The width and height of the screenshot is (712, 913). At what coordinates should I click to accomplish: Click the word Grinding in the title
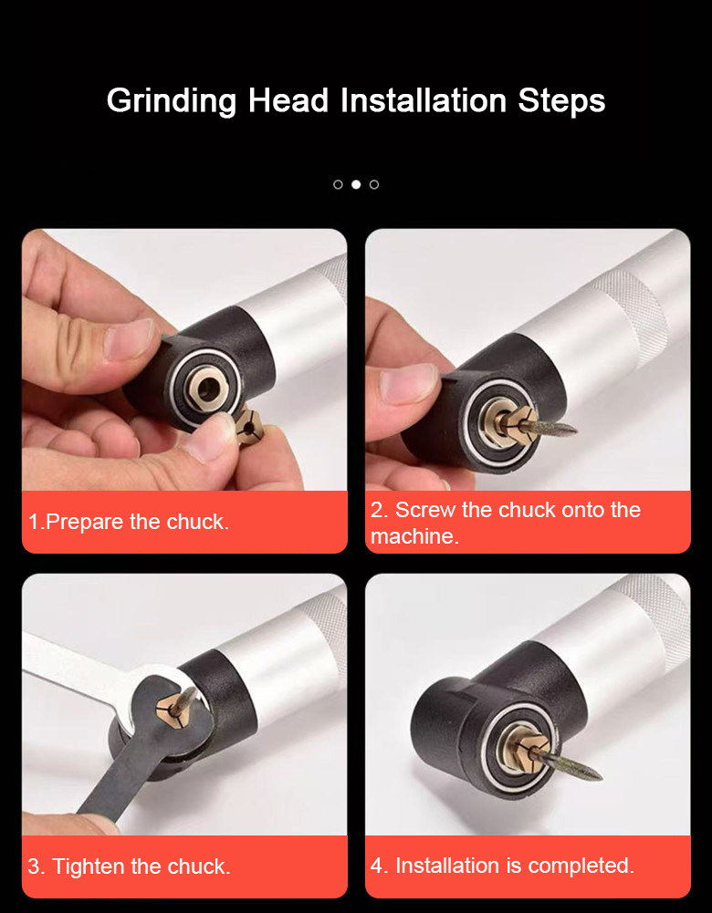(x=172, y=100)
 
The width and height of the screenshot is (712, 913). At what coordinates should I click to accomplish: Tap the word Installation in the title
(x=424, y=100)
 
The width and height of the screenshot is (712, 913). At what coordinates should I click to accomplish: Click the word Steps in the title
(x=561, y=101)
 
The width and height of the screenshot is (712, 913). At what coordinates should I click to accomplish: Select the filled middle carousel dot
(x=356, y=184)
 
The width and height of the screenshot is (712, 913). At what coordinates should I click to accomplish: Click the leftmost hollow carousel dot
(x=338, y=184)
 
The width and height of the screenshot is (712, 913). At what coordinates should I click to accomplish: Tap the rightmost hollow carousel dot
(x=374, y=184)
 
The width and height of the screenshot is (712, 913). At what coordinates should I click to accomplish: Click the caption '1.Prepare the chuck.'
(x=129, y=522)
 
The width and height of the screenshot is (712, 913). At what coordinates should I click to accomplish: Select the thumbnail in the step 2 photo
(x=408, y=384)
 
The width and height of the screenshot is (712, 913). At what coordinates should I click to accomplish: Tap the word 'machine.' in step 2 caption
(x=414, y=536)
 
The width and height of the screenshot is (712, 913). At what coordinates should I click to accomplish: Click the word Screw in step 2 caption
(x=425, y=510)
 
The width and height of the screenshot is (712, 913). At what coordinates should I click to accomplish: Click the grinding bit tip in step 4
(x=599, y=775)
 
